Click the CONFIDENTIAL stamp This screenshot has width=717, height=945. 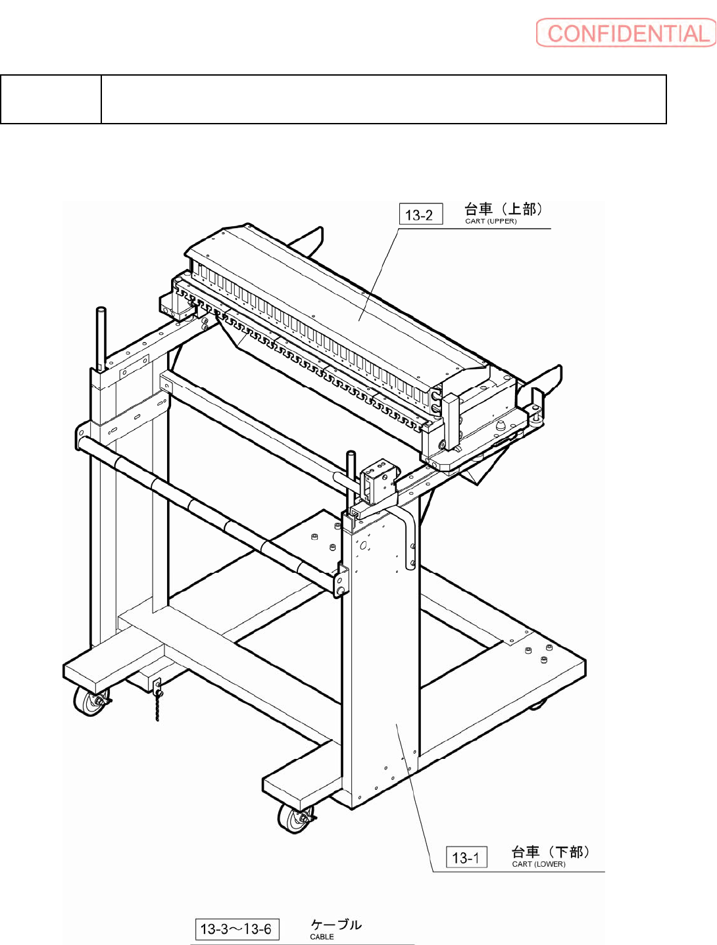coord(626,33)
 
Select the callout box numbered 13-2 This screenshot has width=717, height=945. coord(421,214)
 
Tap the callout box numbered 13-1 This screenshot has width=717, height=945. coord(466,858)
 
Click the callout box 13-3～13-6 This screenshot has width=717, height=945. coord(237,929)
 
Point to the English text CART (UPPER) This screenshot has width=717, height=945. coord(491,222)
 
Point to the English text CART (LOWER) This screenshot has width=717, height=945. coord(538,864)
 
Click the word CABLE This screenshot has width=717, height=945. coord(322,937)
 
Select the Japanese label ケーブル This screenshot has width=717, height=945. coord(335,925)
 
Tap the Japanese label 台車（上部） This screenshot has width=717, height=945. coord(503,209)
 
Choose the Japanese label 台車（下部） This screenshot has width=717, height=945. coord(550,852)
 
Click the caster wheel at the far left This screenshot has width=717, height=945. coord(89,702)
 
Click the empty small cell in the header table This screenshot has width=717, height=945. coord(51,99)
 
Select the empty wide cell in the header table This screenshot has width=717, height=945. coord(383,99)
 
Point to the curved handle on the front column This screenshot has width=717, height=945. coord(409,536)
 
